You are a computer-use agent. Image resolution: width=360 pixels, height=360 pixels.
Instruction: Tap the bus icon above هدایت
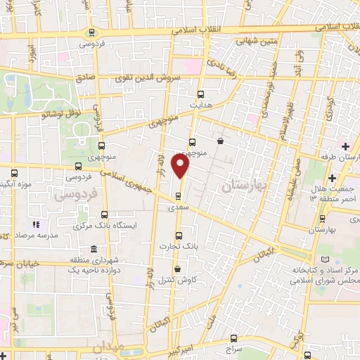(x=201, y=94)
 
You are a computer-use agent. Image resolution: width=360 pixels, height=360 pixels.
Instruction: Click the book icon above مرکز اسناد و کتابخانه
(x=324, y=261)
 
